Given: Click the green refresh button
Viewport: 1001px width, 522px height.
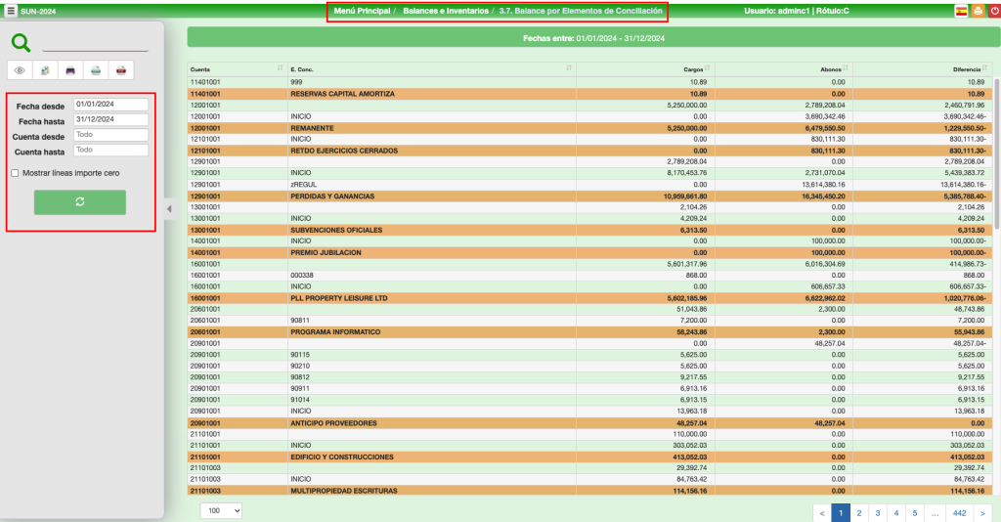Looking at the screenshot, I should click(x=80, y=201).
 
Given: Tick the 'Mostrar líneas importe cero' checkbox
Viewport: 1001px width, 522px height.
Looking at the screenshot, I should click(x=15, y=173).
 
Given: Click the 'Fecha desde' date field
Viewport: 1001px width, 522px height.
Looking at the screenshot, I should click(x=110, y=104).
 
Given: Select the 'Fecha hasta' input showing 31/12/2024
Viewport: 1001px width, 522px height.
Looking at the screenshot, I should click(x=110, y=119).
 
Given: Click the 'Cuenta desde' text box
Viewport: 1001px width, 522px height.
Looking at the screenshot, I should click(x=110, y=135).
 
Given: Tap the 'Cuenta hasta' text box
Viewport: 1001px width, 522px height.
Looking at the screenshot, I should click(x=110, y=151).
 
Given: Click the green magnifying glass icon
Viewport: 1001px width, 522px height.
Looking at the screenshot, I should click(x=21, y=42).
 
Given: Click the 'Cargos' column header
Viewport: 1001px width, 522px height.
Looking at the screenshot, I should click(x=694, y=69).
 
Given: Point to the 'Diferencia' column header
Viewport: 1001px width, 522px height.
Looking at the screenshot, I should click(x=967, y=69).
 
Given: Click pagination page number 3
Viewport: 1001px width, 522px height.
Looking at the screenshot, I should click(x=877, y=511).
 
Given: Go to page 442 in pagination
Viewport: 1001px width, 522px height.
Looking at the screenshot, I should click(x=959, y=511).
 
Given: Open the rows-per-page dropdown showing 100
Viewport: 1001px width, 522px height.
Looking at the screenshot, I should click(x=221, y=510).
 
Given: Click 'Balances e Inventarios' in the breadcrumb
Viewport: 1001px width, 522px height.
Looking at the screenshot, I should click(x=446, y=11).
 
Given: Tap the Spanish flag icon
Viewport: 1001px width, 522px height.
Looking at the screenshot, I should click(x=961, y=12).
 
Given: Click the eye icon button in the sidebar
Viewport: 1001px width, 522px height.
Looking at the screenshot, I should click(x=21, y=70).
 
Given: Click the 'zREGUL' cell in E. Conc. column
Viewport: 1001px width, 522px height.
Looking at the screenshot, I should click(x=302, y=185).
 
